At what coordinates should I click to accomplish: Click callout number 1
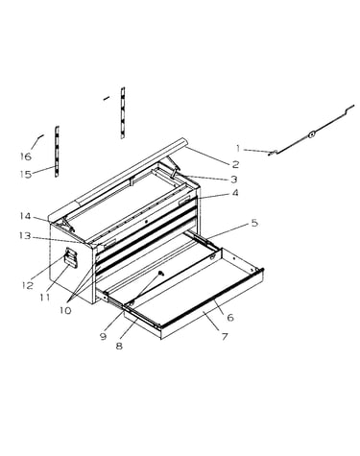pos(238,149)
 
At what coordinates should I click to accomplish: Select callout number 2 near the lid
pos(235,164)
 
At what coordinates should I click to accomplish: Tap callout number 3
pos(234,180)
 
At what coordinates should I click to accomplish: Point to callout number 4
pos(235,193)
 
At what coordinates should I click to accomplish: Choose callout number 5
pos(254,223)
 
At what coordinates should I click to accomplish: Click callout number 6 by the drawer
pos(230,318)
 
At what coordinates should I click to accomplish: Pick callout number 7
pos(225,336)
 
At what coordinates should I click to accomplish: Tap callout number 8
pos(119,346)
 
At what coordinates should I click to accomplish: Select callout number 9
pos(103,336)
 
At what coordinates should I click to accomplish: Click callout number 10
pos(65,310)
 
